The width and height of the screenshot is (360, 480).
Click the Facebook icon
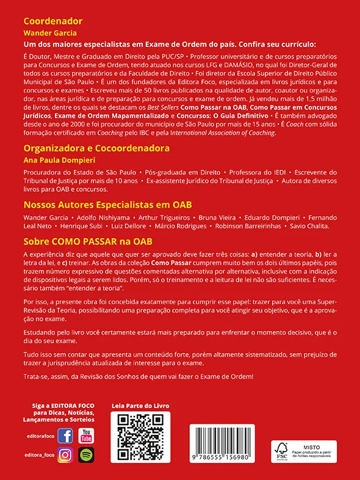(x=65, y=436)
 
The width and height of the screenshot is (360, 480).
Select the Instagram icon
(x=65, y=455)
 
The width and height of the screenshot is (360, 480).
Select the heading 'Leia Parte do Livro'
(x=140, y=405)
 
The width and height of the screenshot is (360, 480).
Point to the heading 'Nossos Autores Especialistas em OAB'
(x=113, y=205)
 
